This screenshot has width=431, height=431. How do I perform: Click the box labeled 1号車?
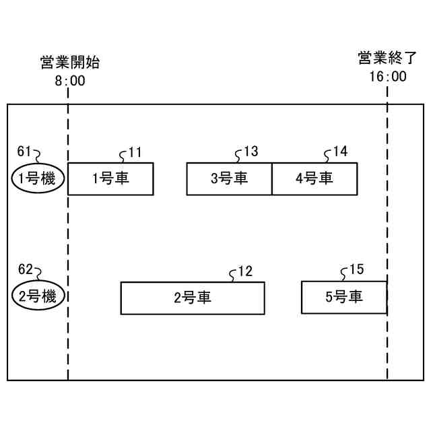(110, 178)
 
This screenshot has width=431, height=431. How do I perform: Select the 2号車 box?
(192, 298)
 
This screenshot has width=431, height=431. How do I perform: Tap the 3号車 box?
(229, 178)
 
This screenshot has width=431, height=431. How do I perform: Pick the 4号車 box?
(314, 178)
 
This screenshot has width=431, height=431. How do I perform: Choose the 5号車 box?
(343, 298)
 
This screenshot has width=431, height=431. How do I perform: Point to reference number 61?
(24, 151)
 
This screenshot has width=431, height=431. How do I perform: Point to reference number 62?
(24, 269)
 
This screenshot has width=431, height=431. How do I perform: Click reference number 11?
(135, 152)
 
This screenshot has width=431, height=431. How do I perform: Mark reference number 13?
(251, 152)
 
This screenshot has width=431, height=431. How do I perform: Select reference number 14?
(340, 152)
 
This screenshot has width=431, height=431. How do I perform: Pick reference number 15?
(356, 270)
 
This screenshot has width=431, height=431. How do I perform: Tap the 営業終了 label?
(387, 59)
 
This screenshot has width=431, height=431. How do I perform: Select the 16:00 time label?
(387, 76)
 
